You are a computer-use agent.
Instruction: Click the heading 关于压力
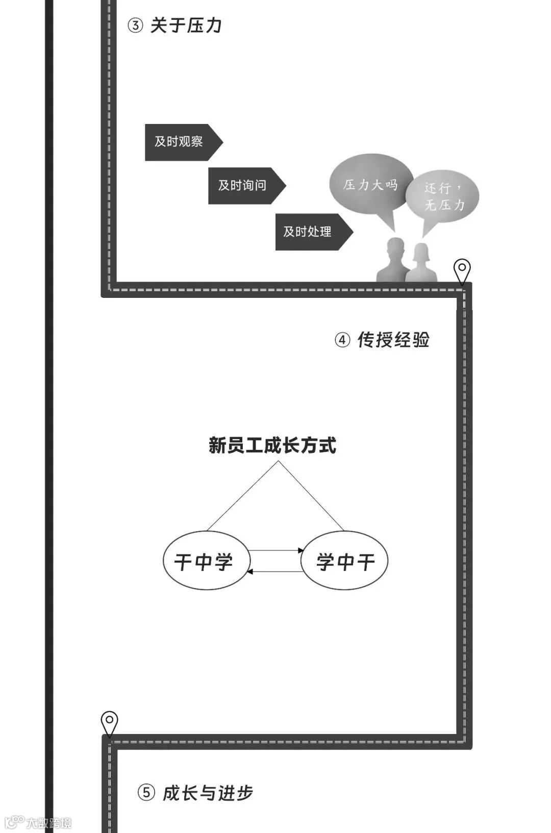tap(186, 26)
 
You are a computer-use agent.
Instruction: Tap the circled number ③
tap(135, 26)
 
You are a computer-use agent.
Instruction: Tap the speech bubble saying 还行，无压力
tap(443, 197)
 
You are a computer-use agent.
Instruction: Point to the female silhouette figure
tap(421, 263)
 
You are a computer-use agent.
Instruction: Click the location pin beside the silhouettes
tap(462, 270)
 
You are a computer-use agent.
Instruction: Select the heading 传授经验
tap(393, 340)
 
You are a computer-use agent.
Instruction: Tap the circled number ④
tap(342, 340)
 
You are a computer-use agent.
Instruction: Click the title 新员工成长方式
tap(272, 445)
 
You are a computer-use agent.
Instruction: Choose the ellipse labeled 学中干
tap(344, 561)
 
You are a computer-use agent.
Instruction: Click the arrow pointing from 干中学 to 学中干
tap(276, 550)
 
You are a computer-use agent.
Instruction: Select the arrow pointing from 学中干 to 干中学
tap(275, 572)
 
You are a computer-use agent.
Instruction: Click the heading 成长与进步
tap(208, 793)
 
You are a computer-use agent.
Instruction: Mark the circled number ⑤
tap(146, 793)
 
